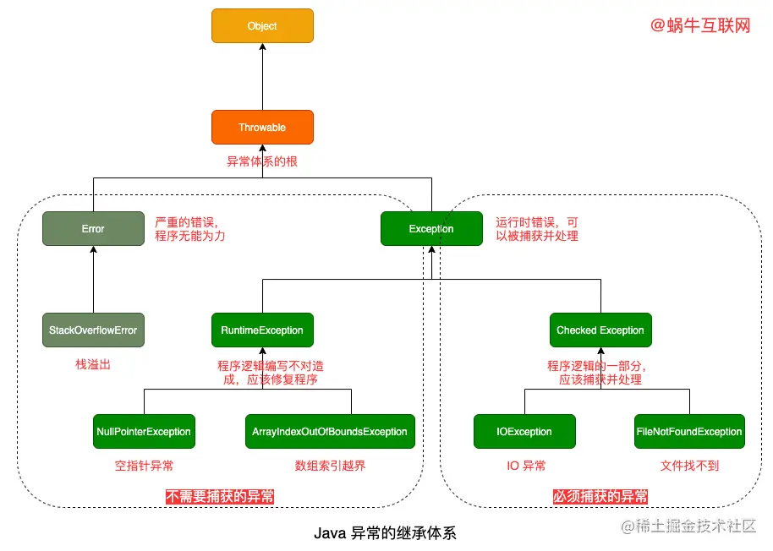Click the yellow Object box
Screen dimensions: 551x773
point(262,26)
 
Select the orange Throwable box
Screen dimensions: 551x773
point(262,128)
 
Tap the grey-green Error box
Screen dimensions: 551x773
point(93,229)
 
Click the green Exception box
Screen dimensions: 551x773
point(431,229)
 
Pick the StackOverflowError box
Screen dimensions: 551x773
point(93,330)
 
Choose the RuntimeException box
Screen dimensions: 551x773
point(262,330)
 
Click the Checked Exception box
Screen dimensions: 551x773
point(600,330)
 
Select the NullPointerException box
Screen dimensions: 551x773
point(144,432)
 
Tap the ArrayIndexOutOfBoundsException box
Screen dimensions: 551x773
point(330,432)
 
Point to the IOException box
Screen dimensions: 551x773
point(524,432)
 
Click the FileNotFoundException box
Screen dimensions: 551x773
point(689,432)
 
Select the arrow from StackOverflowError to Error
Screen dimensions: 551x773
point(93,279)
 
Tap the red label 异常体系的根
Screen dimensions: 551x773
point(262,161)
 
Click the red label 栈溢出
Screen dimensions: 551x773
point(93,365)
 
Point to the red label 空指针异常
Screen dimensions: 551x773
point(144,466)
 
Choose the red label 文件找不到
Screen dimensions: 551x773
point(688,466)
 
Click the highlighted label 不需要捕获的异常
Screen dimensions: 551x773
point(221,497)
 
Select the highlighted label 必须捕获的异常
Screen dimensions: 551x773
point(600,497)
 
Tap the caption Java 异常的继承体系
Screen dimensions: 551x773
point(385,533)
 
